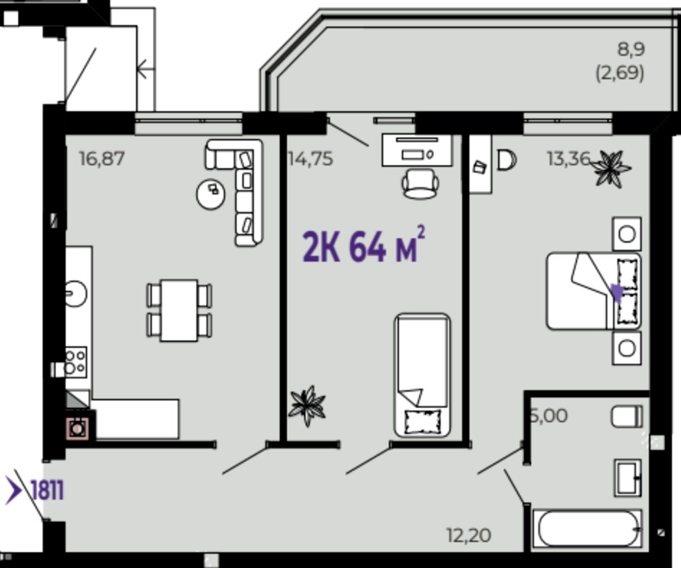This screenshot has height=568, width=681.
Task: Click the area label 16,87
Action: [x=102, y=159]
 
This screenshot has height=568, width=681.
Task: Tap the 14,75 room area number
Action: [x=311, y=159]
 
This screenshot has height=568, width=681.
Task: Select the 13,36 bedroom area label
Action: [x=569, y=159]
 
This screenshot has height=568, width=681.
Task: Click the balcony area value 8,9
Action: [x=631, y=49]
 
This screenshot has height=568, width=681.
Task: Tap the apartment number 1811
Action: [x=48, y=490]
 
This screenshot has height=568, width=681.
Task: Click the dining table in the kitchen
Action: [x=179, y=311]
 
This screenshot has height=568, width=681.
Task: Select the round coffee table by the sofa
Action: [x=211, y=194]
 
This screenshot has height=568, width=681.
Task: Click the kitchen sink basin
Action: [x=75, y=294]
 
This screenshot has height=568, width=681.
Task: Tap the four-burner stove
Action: [x=76, y=362]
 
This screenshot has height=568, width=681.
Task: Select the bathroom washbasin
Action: [x=628, y=478]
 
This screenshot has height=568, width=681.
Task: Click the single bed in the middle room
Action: [x=422, y=375]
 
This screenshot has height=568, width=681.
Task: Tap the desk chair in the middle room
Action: [x=421, y=183]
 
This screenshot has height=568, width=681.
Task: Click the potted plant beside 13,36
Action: [x=611, y=169]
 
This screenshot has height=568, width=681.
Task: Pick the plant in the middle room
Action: [x=307, y=406]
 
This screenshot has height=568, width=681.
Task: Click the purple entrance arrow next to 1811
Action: [x=14, y=490]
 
